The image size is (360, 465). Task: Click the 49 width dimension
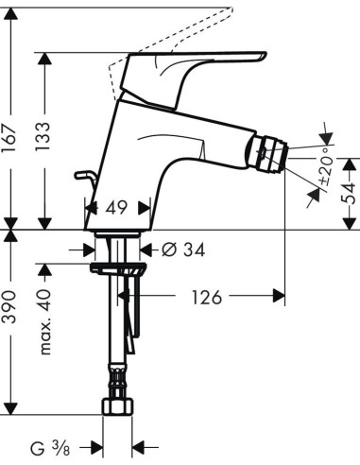click(x=118, y=207)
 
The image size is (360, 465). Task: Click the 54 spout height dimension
click(x=348, y=193)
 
